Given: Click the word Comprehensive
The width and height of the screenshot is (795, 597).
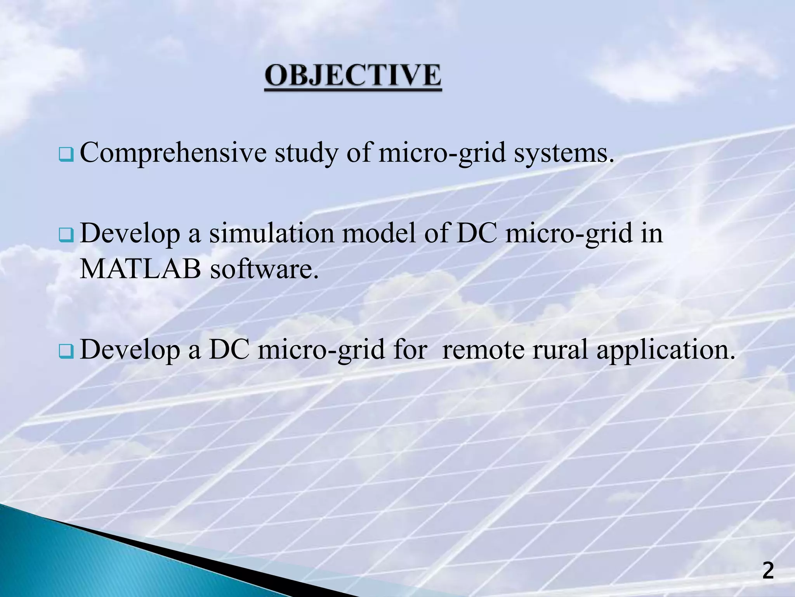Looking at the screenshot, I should pos(173,153).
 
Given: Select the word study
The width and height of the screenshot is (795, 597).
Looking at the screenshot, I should pos(307,153).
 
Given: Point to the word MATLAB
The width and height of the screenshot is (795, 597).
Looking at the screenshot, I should pos(140,269).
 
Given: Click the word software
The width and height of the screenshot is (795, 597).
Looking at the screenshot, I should pos(264,269).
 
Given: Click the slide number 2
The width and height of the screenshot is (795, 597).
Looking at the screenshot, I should pos(768,571).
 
